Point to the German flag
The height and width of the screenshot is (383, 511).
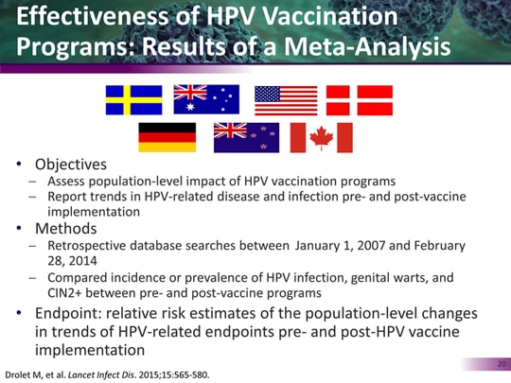point(167,138)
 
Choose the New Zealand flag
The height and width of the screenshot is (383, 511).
point(245,138)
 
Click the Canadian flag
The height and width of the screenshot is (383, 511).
point(320,138)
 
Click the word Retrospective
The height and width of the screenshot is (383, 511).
point(87,247)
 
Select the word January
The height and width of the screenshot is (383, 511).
point(323,247)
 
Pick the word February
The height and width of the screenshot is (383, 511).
point(437,247)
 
